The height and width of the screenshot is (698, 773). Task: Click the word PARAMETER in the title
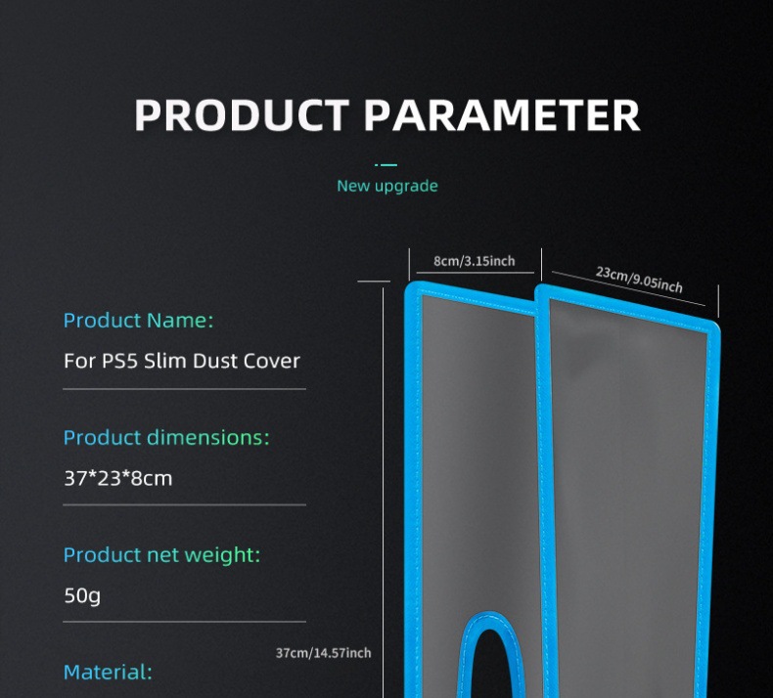point(503,115)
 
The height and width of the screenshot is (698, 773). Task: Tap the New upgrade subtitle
point(387,186)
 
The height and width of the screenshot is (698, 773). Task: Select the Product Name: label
point(138,320)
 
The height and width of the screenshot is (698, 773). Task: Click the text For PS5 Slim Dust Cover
point(182,361)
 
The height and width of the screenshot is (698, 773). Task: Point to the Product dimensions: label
point(165,437)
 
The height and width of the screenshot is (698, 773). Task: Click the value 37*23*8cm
point(118,478)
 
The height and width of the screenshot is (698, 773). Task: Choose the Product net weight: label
point(161,554)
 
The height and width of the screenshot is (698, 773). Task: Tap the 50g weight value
point(82,594)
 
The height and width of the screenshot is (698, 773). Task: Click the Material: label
point(108,672)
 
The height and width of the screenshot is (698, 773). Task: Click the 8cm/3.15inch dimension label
point(474,262)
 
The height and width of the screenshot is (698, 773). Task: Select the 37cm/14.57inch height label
point(324,653)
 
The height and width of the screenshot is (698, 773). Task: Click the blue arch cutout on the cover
point(499,635)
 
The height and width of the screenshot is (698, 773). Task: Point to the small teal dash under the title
point(387,164)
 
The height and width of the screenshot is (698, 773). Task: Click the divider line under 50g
point(185,621)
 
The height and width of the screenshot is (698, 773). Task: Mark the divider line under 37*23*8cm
point(185,504)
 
